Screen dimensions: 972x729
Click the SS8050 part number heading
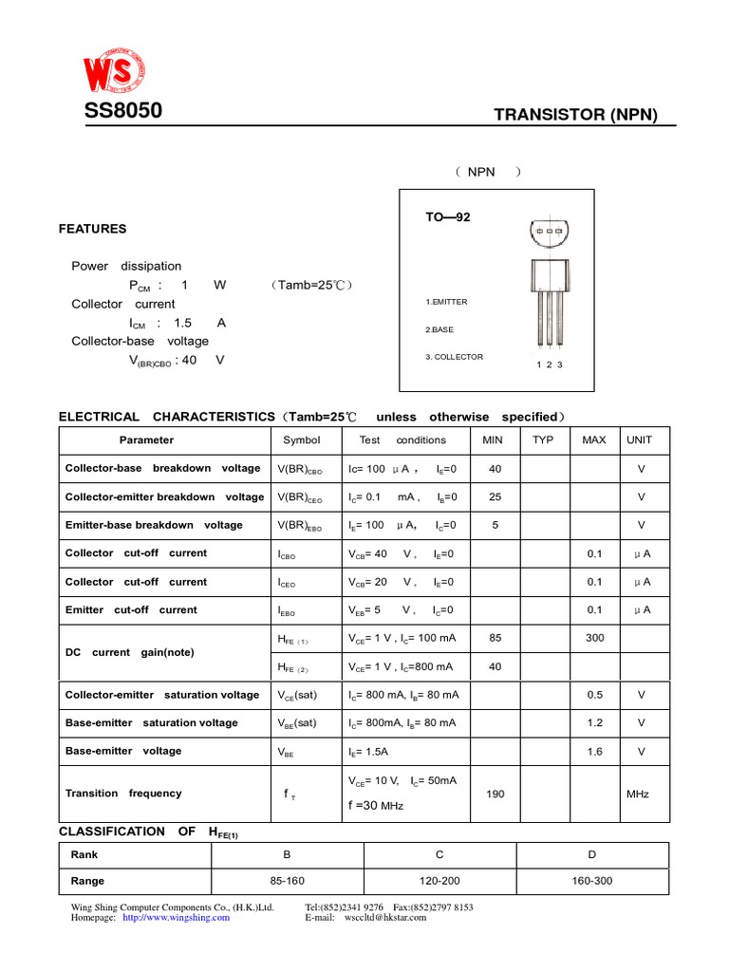(x=123, y=111)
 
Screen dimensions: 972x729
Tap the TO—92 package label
(x=447, y=217)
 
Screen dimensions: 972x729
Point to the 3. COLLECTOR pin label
(x=455, y=357)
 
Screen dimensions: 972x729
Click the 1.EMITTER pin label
(x=447, y=302)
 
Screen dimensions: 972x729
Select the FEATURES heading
(x=92, y=229)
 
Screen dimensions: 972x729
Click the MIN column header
(x=494, y=440)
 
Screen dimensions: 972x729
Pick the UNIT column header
(x=639, y=440)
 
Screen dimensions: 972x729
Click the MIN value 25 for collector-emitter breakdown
(x=495, y=497)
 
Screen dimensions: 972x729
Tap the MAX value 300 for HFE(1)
(x=594, y=639)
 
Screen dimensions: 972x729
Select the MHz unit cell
(x=638, y=794)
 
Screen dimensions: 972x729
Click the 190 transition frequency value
(x=495, y=794)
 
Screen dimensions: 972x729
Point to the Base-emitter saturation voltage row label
(x=152, y=723)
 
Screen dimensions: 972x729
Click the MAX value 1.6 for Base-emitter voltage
(x=594, y=752)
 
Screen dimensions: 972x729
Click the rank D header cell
(x=592, y=854)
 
